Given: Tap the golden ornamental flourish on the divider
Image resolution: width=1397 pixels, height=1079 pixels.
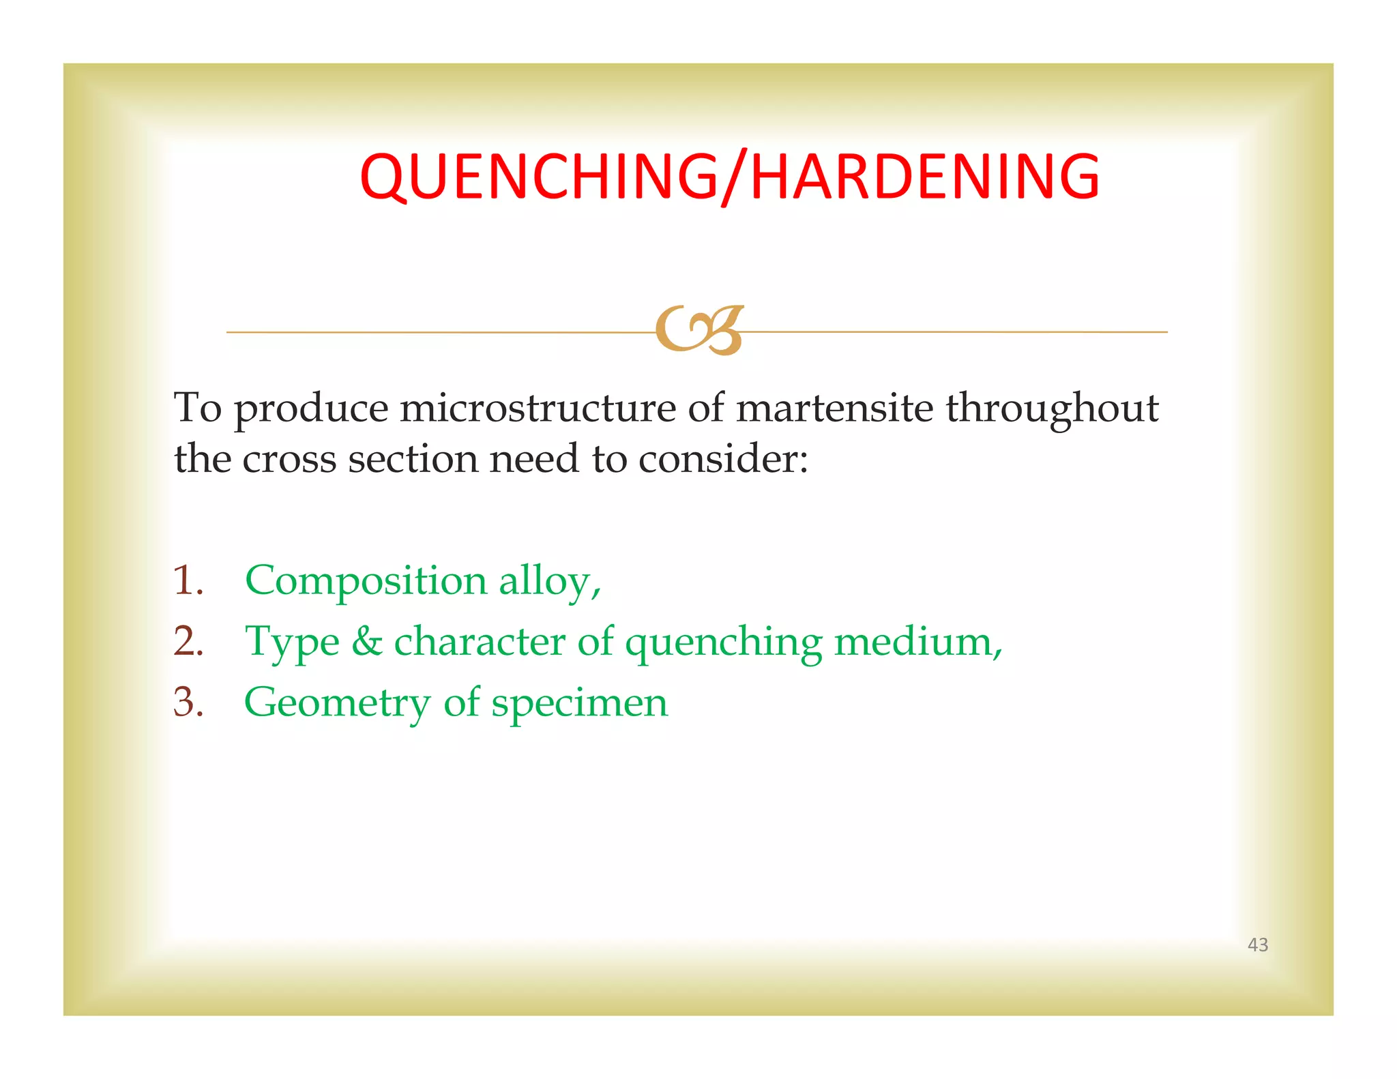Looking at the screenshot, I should (699, 330).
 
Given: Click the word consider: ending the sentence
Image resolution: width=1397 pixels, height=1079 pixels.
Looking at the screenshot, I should (723, 458).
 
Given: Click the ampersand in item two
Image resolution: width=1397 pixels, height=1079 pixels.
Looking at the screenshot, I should (367, 642).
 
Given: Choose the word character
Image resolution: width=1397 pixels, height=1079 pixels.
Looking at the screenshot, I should (480, 642).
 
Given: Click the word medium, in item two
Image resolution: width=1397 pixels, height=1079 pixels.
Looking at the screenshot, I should (918, 642).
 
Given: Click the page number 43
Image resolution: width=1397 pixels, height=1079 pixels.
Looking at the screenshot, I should (1257, 945).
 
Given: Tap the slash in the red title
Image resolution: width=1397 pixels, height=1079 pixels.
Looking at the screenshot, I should (733, 177).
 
